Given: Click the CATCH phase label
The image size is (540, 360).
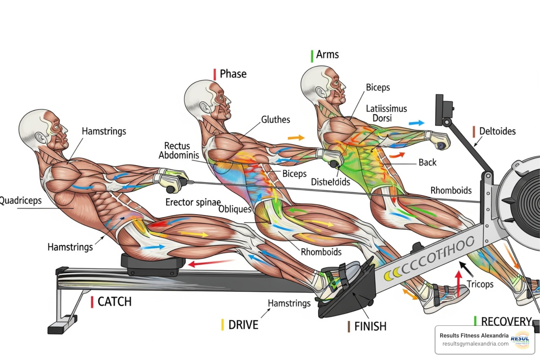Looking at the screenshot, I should (114, 302).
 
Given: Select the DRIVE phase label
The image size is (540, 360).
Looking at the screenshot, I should (243, 325).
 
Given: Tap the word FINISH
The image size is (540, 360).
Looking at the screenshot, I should (370, 327).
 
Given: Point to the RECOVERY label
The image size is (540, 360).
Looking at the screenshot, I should (506, 321).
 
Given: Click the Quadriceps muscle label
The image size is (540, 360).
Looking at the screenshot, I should (20, 200).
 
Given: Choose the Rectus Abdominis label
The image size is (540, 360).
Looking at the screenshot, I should (179, 150).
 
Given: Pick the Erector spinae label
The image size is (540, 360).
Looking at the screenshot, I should (193, 202).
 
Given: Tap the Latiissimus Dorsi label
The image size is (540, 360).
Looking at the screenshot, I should (386, 113).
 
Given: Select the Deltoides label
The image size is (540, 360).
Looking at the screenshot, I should (497, 131).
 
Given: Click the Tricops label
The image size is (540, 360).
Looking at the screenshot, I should (480, 284).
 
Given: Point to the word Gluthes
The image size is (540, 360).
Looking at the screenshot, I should (276, 120).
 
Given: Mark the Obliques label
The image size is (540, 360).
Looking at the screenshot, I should (234, 209).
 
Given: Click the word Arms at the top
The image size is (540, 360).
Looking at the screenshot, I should (327, 54).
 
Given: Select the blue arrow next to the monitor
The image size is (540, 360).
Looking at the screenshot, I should (417, 123).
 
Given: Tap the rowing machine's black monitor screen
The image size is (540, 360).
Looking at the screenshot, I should (439, 110).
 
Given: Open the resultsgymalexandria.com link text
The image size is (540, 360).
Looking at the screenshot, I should (475, 344).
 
